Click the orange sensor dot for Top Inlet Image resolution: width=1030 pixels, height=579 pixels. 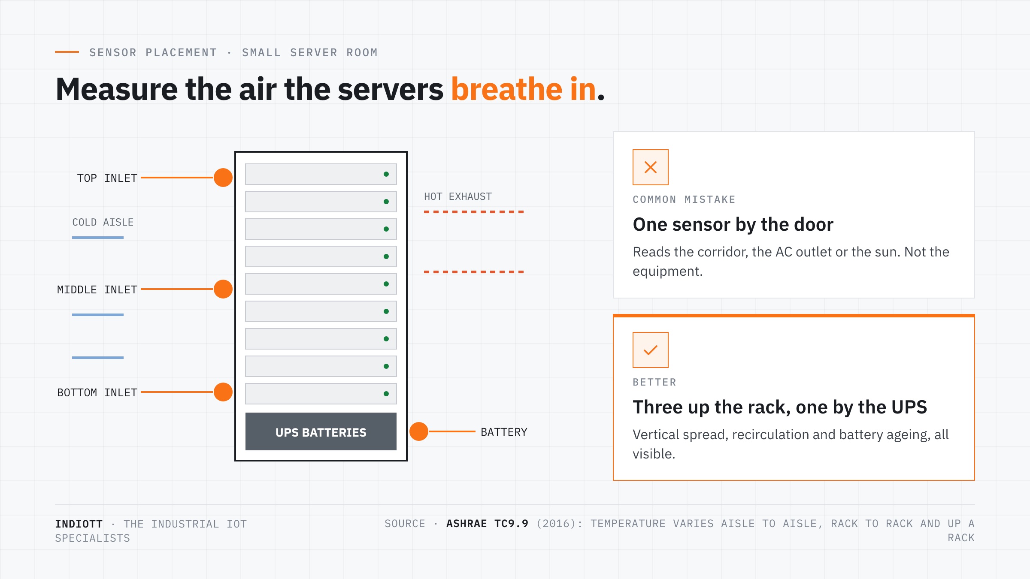[223, 178]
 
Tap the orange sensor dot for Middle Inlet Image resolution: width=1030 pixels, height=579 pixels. [223, 289]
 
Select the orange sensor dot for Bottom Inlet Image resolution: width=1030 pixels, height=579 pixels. [223, 392]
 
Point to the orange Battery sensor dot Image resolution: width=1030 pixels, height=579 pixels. [419, 431]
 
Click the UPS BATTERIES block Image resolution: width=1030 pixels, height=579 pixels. [321, 431]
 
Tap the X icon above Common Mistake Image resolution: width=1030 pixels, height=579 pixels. [651, 167]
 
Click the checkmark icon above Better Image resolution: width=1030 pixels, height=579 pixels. [651, 350]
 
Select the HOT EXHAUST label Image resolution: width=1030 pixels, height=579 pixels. [458, 196]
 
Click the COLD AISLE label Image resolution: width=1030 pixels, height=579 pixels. [103, 222]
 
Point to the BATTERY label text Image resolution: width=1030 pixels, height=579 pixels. [504, 432]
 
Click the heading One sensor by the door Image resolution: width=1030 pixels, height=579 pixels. [733, 224]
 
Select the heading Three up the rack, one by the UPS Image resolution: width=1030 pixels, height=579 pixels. [780, 407]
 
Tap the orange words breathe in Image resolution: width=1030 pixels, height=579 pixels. [524, 89]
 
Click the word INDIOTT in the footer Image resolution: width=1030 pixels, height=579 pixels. [79, 524]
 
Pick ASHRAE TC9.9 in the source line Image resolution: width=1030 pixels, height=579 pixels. [488, 524]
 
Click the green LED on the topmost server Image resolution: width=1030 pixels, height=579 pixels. [386, 174]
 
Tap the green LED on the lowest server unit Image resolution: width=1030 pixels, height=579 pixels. [386, 394]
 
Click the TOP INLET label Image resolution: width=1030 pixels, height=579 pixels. [107, 178]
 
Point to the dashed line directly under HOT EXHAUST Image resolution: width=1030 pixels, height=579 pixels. [474, 212]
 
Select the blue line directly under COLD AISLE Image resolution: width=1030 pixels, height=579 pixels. [98, 238]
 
